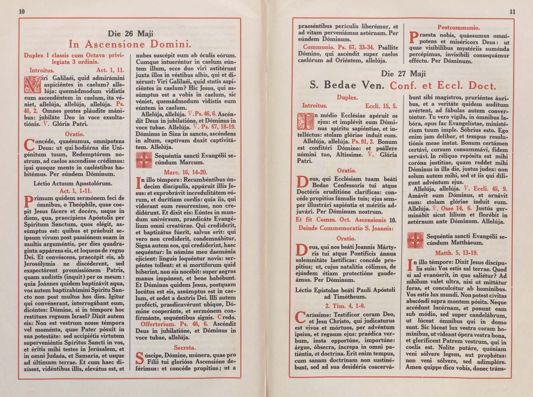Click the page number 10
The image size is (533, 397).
[x=22, y=12]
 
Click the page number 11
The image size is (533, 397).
[x=512, y=12]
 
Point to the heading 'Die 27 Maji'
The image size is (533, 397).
[x=403, y=74]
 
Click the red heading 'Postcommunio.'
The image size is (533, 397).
[x=459, y=28]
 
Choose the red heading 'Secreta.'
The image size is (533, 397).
[x=185, y=347]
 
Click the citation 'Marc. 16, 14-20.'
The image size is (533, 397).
[x=186, y=172]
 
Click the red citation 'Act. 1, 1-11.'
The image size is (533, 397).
[x=75, y=191]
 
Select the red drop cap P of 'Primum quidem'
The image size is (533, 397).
[x=28, y=202]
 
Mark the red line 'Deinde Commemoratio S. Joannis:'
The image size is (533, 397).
[x=346, y=228]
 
